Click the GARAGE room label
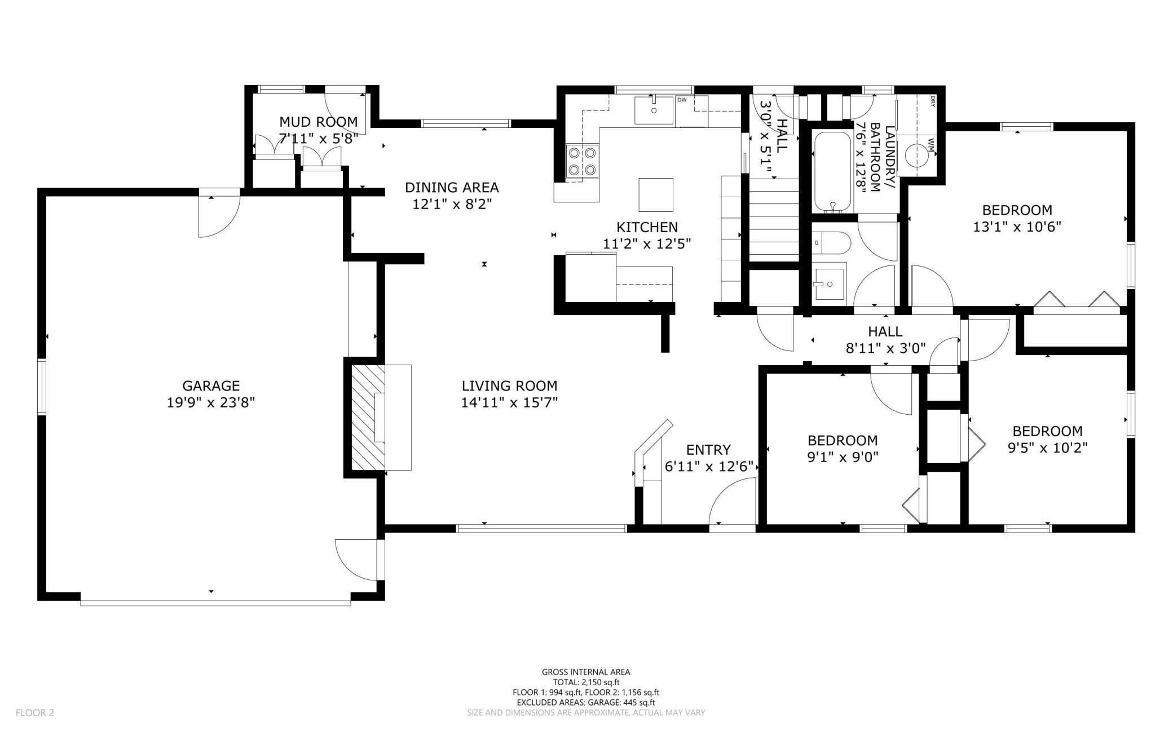(211, 386)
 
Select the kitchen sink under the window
(654, 110)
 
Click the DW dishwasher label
(682, 100)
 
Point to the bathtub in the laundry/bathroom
(832, 172)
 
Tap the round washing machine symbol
(916, 153)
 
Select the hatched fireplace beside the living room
(368, 417)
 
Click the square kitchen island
(656, 194)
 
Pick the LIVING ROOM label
(509, 386)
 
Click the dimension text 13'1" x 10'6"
(1017, 227)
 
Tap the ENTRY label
(708, 450)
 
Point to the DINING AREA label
(452, 187)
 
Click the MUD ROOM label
(319, 122)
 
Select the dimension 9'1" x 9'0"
(843, 457)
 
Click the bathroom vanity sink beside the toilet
(830, 283)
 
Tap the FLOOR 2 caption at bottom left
(35, 713)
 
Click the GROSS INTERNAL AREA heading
(586, 672)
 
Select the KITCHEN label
(647, 227)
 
